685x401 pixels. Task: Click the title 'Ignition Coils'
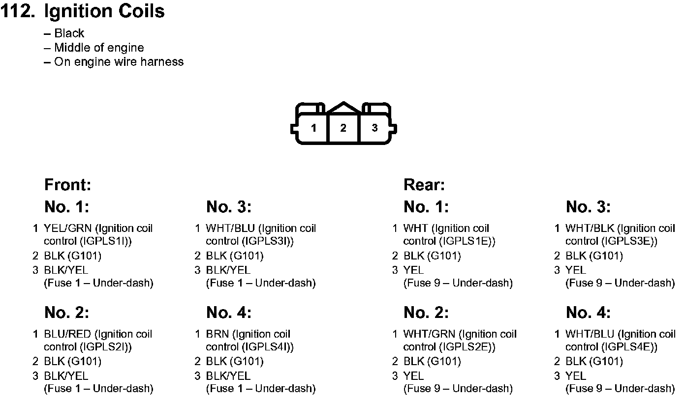(x=104, y=11)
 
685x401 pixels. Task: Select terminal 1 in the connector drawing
(x=313, y=128)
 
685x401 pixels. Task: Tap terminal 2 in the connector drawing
(x=343, y=128)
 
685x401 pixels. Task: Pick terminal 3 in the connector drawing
(x=374, y=128)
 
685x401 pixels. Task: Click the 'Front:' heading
(x=67, y=185)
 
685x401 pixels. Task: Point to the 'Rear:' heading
(x=424, y=185)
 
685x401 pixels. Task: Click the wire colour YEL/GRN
(x=68, y=229)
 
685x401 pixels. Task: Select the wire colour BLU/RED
(x=68, y=334)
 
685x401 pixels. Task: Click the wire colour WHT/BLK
(x=590, y=229)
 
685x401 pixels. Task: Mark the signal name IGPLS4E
(x=629, y=347)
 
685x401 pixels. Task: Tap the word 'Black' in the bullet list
(x=69, y=33)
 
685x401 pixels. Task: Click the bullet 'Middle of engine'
(x=99, y=48)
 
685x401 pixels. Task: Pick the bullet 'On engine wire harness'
(x=119, y=62)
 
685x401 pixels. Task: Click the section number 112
(x=17, y=11)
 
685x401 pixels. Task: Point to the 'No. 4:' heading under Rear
(x=588, y=313)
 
